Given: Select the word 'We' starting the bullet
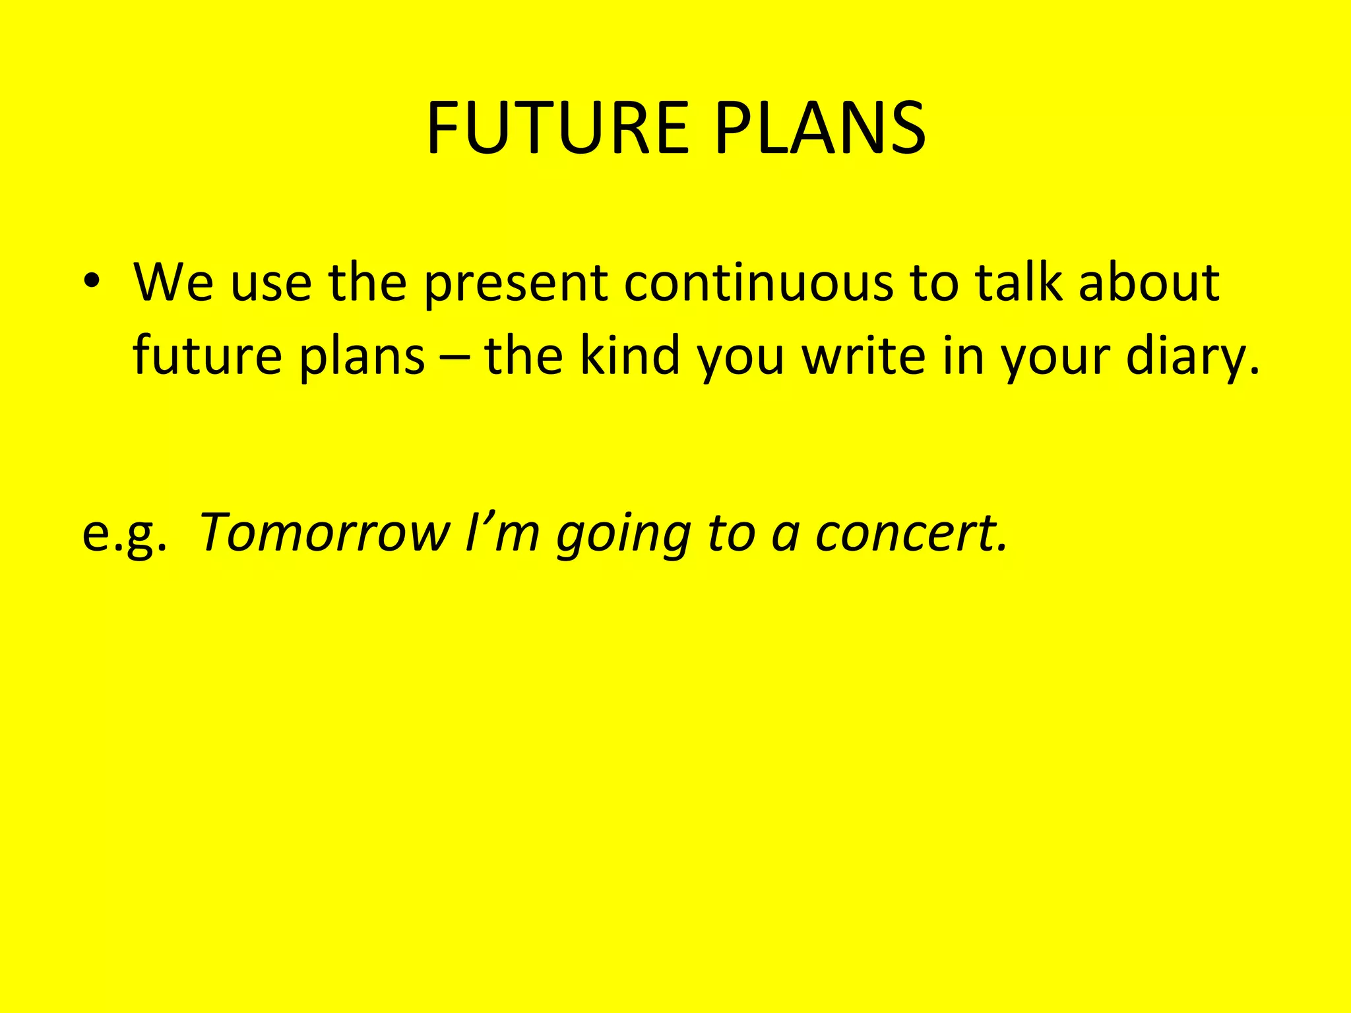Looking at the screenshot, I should tap(173, 282).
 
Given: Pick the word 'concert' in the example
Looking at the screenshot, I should tap(911, 533).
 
